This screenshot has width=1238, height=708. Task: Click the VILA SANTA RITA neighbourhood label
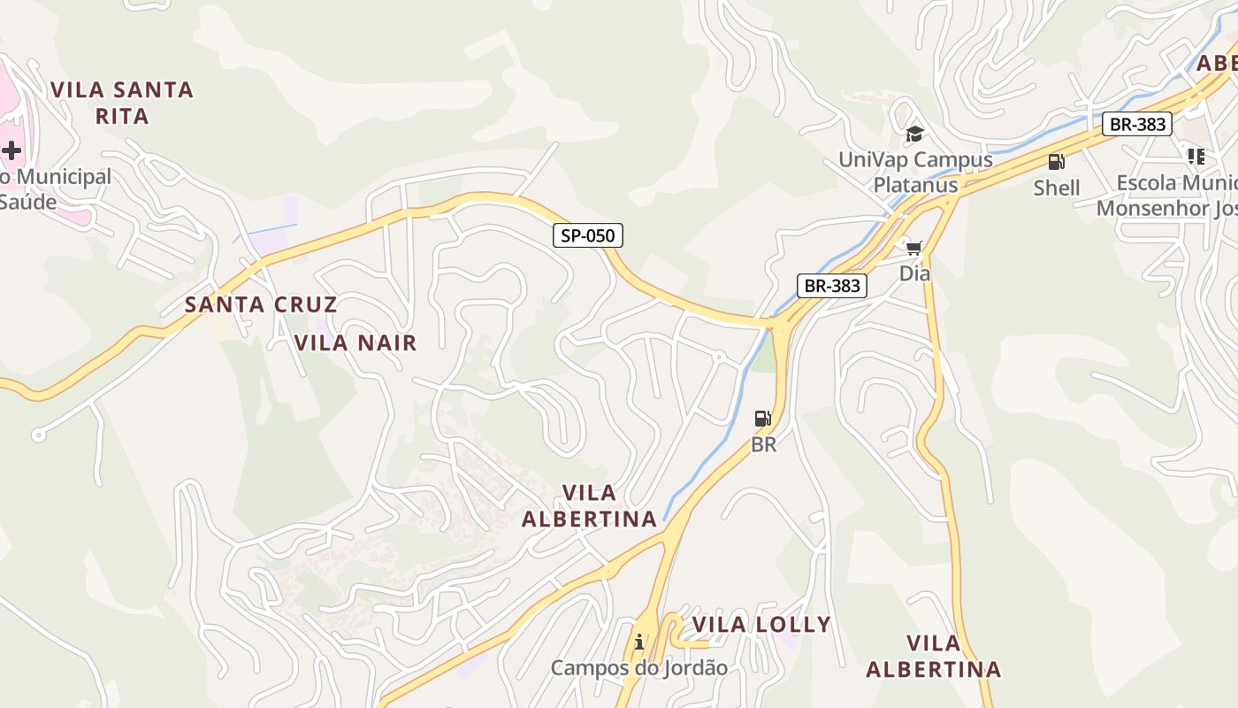[x=122, y=103]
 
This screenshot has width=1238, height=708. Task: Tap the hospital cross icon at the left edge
[x=11, y=150]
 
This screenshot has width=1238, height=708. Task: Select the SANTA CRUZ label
[x=261, y=305]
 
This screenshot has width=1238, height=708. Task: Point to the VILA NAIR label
[x=355, y=343]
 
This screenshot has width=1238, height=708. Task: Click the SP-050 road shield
[x=588, y=235]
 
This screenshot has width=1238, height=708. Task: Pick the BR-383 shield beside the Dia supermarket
[x=831, y=285]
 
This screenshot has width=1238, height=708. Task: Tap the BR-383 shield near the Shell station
[x=1137, y=124]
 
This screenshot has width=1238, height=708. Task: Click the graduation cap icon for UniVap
[x=914, y=135]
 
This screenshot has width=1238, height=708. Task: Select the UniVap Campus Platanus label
[x=915, y=173]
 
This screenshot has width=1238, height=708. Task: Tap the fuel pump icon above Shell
[x=1056, y=162]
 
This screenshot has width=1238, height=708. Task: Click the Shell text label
[x=1057, y=188]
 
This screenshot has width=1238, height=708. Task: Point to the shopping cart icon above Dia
[x=913, y=248]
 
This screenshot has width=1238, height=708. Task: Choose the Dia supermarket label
[x=914, y=273]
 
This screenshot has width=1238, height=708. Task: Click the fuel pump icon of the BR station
[x=762, y=419]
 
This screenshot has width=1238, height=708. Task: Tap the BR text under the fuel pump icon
[x=763, y=444]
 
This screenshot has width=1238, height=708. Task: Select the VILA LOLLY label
[x=761, y=625]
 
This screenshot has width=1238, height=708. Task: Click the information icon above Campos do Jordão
[x=639, y=642]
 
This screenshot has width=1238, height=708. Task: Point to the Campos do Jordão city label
[x=639, y=668]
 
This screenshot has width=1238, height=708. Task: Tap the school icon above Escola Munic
[x=1196, y=157]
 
